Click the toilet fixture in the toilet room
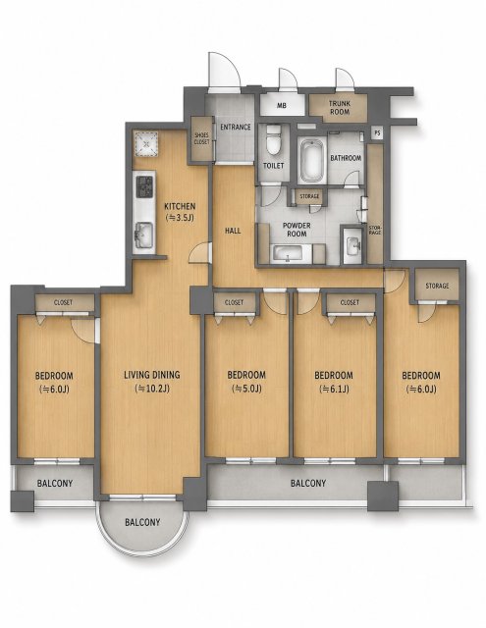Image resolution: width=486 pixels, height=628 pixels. point(274,140)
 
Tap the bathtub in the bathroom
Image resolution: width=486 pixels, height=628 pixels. point(311,161)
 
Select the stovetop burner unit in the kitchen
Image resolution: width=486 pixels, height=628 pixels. point(144,186)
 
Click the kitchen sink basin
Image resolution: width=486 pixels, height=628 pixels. point(144,235)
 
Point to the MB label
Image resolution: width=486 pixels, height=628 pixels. point(282,106)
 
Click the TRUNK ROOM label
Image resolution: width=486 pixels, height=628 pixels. point(340,107)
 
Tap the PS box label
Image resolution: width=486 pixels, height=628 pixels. point(377,132)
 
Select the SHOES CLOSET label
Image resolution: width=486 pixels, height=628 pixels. point(201,138)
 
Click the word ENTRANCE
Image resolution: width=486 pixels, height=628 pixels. point(236,127)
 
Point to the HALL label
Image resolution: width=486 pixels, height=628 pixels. point(233,231)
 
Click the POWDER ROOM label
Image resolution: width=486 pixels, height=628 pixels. point(297,230)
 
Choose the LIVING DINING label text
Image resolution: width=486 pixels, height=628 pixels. point(152,375)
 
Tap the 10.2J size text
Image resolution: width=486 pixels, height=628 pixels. point(152,389)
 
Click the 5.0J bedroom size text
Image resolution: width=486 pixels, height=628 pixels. point(246,389)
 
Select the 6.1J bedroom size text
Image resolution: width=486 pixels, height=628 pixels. point(334,389)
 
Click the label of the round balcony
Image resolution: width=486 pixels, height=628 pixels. point(142,522)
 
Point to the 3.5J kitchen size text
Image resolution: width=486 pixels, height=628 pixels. point(180,218)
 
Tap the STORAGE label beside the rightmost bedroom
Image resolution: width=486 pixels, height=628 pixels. point(437,286)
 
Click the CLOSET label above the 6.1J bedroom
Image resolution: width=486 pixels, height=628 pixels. point(350,303)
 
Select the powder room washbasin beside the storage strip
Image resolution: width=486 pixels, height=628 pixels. point(353,245)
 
